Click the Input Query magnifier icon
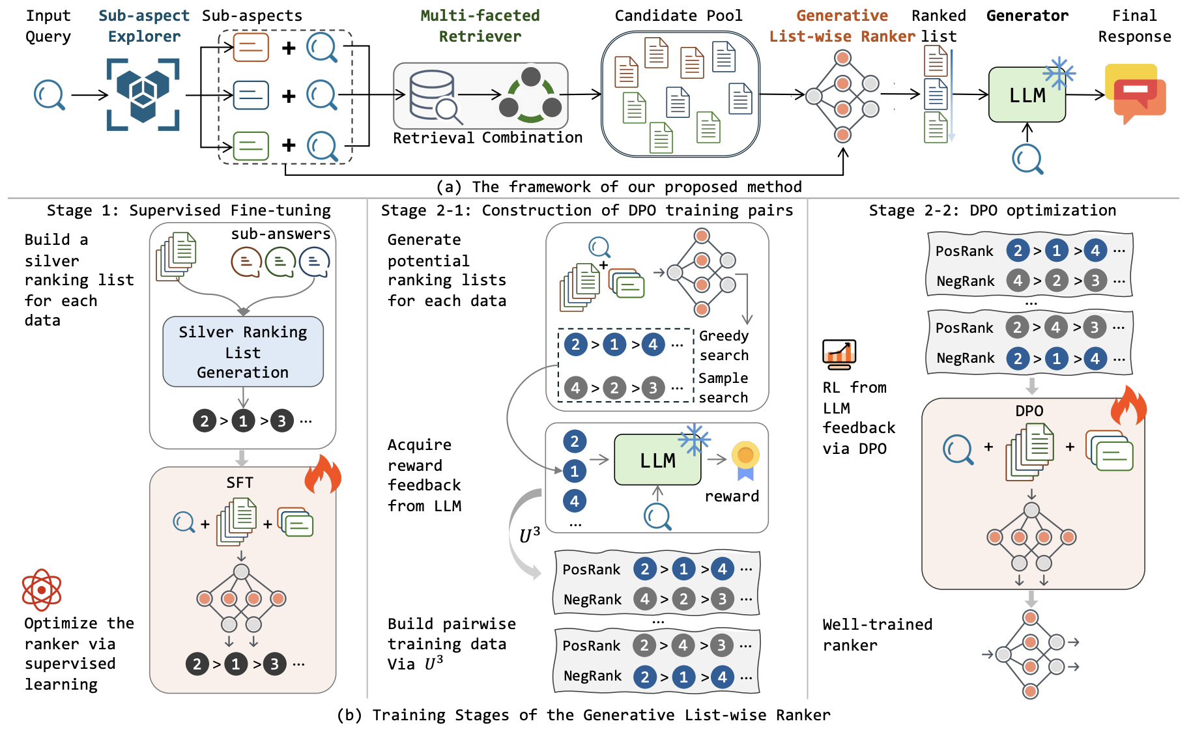[x=49, y=95]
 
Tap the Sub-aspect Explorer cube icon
[x=143, y=95]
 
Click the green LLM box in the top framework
[x=1027, y=95]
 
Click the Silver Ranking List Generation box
[x=243, y=352]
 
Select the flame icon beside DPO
[x=1128, y=405]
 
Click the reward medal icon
[x=745, y=460]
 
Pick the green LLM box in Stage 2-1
[x=657, y=460]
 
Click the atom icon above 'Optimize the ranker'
[x=42, y=590]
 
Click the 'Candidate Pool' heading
[x=678, y=16]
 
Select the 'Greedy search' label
[x=724, y=345]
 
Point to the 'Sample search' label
[x=723, y=387]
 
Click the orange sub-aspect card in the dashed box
[x=251, y=47]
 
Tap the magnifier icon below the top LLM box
[x=1027, y=159]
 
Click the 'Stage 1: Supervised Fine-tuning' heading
[x=189, y=210]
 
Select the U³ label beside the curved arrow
[x=530, y=535]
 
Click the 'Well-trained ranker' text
[x=878, y=635]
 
